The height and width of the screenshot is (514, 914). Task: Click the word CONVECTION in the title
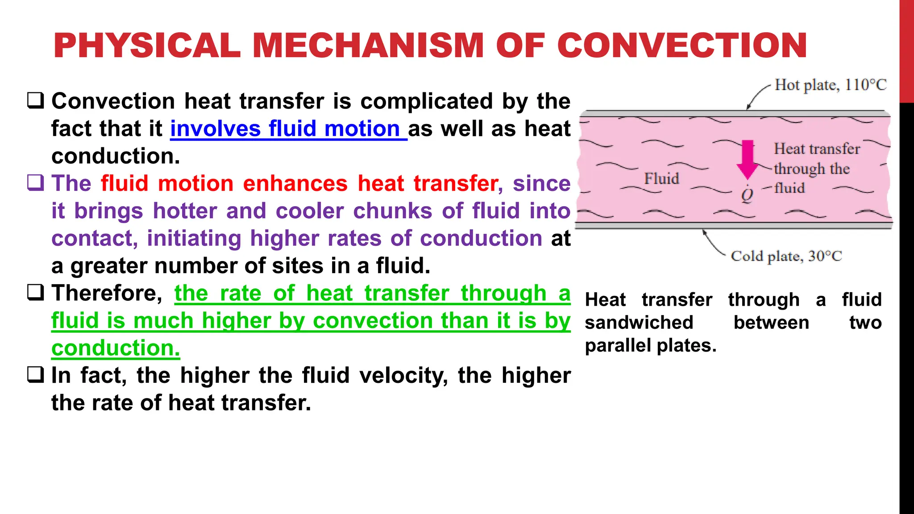click(682, 46)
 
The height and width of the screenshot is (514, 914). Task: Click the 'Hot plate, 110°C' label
click(830, 85)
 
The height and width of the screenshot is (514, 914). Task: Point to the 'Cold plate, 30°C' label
click(786, 256)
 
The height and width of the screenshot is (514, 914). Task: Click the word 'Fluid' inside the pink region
click(661, 178)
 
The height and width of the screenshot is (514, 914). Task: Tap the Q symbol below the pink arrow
click(747, 195)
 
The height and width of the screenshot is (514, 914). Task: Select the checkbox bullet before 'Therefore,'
click(35, 293)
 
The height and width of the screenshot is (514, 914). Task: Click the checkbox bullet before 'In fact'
click(35, 375)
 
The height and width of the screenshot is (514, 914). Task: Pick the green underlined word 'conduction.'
click(116, 348)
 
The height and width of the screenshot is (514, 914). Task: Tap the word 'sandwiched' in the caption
click(639, 323)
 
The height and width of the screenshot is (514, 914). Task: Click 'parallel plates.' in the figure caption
click(650, 346)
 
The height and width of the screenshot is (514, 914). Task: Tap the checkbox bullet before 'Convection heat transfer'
click(35, 101)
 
